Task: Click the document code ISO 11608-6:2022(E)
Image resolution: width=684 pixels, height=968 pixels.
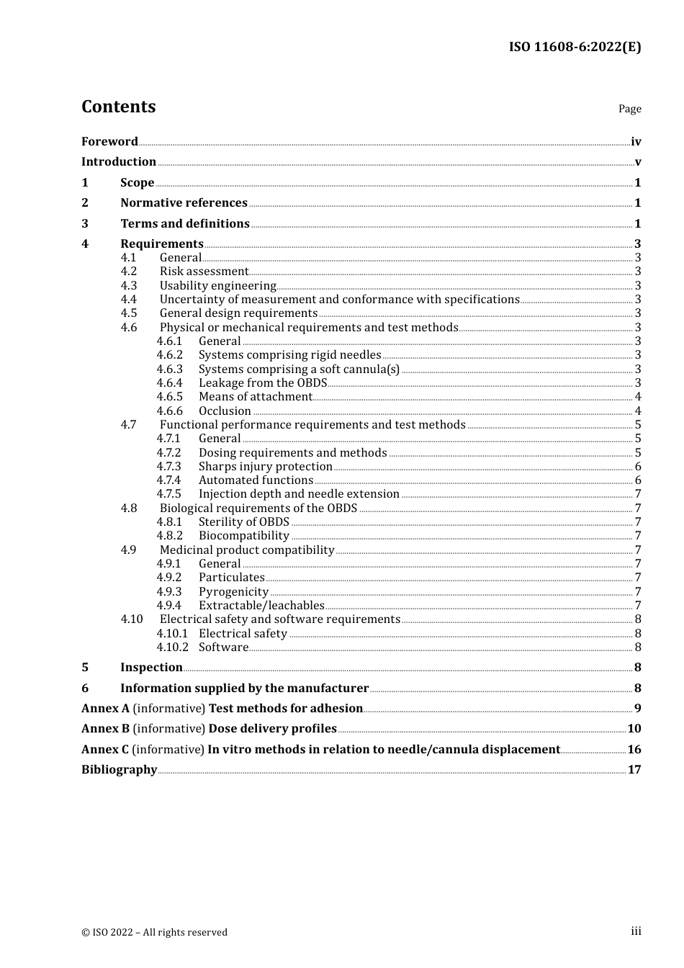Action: [x=575, y=47]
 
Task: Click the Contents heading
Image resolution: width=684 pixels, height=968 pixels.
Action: [x=118, y=107]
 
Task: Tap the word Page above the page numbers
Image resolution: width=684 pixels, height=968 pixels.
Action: [x=629, y=109]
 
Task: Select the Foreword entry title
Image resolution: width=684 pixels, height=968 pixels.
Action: [x=109, y=141]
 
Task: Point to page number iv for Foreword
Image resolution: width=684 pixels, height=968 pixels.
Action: [x=636, y=142]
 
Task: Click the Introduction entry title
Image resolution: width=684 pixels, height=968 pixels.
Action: [x=119, y=161]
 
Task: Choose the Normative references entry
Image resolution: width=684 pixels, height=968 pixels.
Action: [x=184, y=203]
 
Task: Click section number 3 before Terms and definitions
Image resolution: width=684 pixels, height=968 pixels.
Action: [x=85, y=223]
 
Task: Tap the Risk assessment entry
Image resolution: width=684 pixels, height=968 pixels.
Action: [x=204, y=272]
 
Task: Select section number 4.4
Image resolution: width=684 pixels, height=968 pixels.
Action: [x=129, y=300]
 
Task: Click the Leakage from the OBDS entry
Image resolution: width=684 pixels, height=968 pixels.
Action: [x=263, y=383]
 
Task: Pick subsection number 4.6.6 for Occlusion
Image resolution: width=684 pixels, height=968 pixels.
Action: [x=170, y=411]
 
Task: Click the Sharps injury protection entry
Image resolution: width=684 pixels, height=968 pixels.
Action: [x=266, y=467]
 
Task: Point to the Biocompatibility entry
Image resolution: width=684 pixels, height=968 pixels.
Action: [x=244, y=536]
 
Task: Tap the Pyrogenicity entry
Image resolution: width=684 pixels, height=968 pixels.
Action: [x=233, y=592]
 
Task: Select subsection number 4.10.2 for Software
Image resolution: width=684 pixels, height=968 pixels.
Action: [x=173, y=647]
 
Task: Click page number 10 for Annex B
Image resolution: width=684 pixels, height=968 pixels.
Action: [x=634, y=729]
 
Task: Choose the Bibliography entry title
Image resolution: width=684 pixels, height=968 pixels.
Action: [x=119, y=769]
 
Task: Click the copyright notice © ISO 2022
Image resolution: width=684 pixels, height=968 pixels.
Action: [x=154, y=932]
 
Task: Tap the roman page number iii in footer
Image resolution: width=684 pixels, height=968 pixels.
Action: [x=636, y=931]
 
